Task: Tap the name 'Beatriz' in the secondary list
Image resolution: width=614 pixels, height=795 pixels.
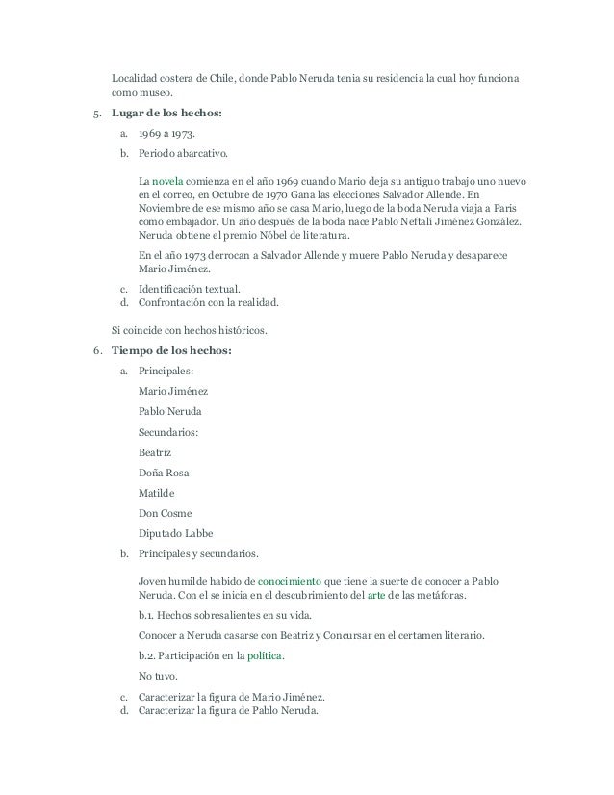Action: coord(160,451)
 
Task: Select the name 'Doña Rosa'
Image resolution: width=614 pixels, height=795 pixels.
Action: coord(165,473)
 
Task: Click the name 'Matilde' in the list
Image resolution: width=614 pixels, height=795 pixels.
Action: coord(160,493)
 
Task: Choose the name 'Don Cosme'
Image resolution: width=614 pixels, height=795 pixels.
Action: coord(166,513)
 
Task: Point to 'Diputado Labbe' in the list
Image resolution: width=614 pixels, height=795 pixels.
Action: coord(176,533)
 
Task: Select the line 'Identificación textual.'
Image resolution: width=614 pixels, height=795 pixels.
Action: coord(189,289)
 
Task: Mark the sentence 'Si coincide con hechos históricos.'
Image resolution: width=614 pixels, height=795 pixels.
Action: coord(192,330)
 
